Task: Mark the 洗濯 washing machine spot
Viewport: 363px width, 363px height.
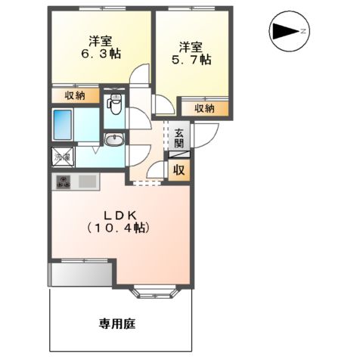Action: pyautogui.click(x=60, y=157)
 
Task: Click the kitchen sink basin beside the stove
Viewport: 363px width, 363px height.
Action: pyautogui.click(x=85, y=182)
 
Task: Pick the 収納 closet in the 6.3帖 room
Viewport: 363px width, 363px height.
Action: pyautogui.click(x=75, y=96)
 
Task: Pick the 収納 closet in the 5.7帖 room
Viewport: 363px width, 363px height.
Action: pyautogui.click(x=204, y=108)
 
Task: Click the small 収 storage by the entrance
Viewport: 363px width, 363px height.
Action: pyautogui.click(x=180, y=169)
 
